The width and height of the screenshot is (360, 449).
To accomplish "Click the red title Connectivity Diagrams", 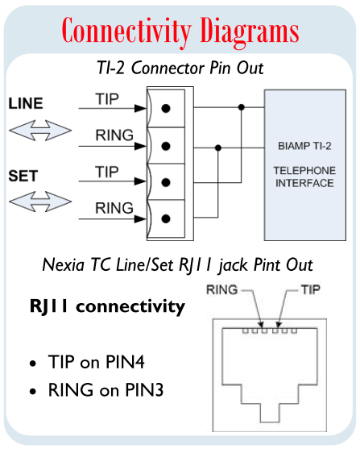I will click(x=180, y=31).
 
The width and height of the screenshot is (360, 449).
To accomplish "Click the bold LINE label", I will click(x=26, y=104).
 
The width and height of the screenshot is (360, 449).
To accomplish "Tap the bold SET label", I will click(x=22, y=174).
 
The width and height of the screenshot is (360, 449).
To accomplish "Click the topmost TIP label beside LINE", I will click(x=107, y=99).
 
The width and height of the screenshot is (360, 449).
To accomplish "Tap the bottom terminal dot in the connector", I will click(x=165, y=218).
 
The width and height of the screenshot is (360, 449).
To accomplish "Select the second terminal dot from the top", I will click(x=165, y=146).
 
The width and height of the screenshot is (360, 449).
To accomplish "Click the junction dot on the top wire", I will click(x=240, y=106).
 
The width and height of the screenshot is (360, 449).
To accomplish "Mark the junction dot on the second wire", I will click(x=218, y=147).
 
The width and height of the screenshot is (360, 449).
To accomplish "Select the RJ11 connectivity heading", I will click(x=107, y=306).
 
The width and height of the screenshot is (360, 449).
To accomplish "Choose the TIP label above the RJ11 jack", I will click(x=311, y=289).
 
